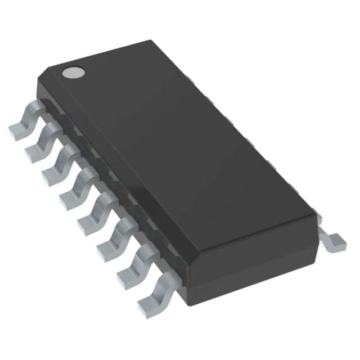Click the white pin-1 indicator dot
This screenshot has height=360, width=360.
[x=73, y=72]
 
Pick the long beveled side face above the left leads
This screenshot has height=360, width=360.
[x=112, y=174]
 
